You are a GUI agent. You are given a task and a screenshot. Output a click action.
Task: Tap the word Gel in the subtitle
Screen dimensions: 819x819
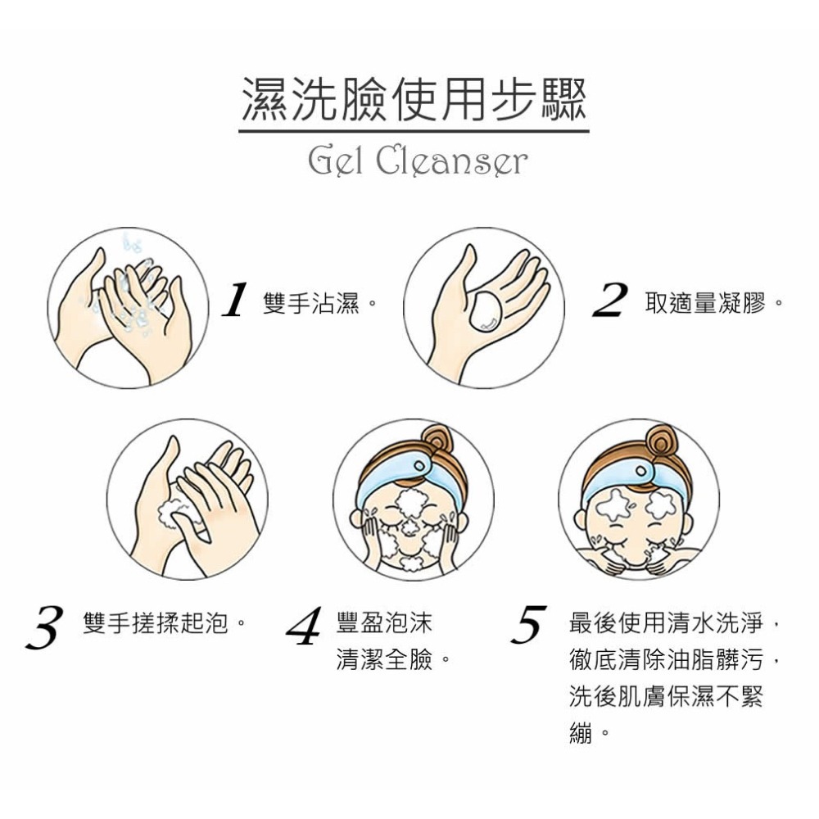point(334,161)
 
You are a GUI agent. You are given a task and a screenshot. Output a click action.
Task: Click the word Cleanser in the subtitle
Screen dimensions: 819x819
point(452,161)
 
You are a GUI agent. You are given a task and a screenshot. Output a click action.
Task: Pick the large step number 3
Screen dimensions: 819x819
point(45,627)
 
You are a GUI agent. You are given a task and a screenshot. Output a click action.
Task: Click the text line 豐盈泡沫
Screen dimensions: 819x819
point(383,625)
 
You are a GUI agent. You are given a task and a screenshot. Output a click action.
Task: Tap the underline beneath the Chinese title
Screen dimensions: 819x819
point(414,130)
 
